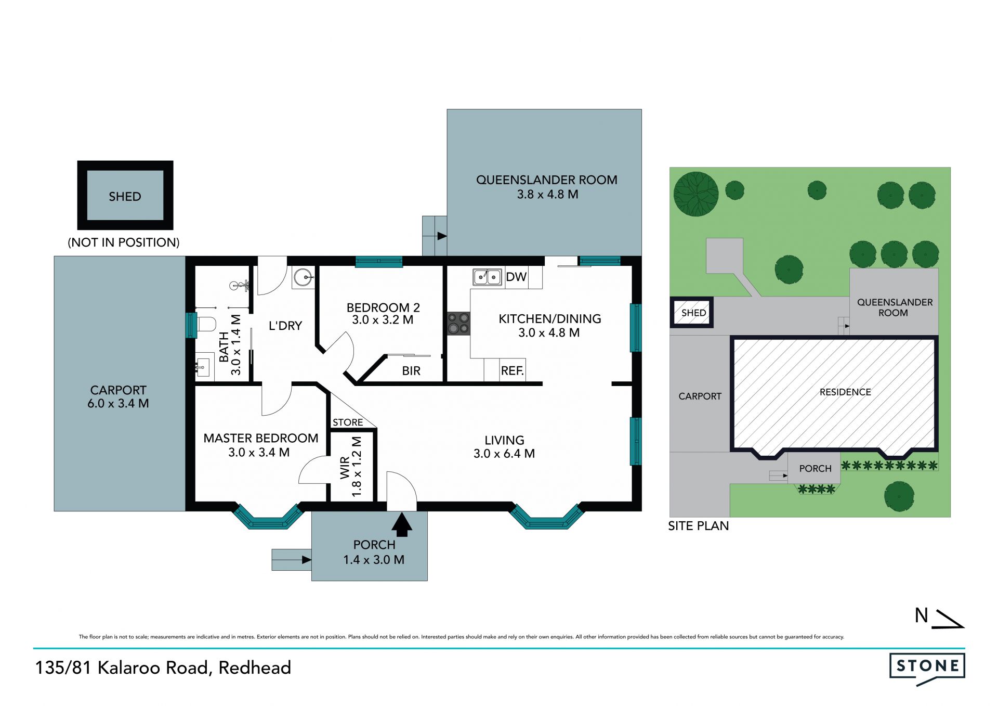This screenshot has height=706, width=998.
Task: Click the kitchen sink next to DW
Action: click(x=487, y=277)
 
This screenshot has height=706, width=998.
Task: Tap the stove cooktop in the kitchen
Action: click(x=459, y=323)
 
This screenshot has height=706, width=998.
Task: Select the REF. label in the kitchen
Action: click(x=513, y=370)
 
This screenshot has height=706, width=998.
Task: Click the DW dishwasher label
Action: click(x=516, y=277)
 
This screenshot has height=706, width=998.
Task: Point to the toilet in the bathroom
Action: click(x=206, y=324)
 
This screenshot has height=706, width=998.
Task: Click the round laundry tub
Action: click(x=304, y=278)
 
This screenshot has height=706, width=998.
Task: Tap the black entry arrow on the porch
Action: click(x=402, y=524)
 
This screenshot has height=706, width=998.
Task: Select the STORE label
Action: click(x=348, y=422)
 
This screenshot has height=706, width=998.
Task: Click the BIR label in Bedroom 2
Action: click(x=411, y=371)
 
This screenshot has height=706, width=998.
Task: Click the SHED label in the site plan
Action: click(x=694, y=313)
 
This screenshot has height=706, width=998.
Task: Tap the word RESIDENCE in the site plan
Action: click(x=845, y=392)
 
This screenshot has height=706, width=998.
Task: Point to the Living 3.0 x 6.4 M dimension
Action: click(x=504, y=454)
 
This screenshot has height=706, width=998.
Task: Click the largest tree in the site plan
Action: click(x=696, y=194)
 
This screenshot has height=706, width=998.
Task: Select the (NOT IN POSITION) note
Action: click(x=124, y=242)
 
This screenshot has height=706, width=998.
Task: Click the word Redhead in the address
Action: click(x=255, y=668)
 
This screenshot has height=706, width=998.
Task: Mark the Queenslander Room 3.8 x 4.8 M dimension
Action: click(x=547, y=195)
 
